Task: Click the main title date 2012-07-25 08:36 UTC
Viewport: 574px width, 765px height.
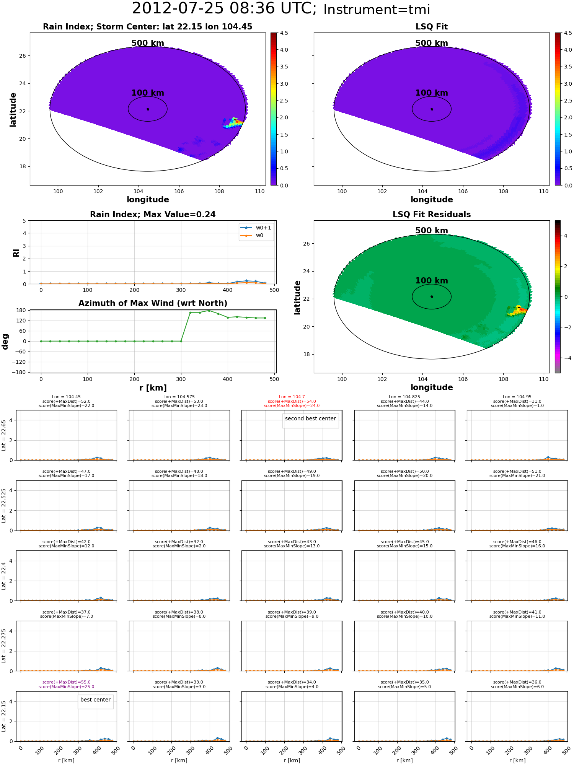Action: [224, 9]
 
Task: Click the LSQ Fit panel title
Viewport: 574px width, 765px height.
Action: [431, 27]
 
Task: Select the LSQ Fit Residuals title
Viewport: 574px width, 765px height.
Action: [431, 215]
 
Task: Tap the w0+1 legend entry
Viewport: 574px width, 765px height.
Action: [263, 228]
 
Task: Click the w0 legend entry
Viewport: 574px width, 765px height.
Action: [259, 236]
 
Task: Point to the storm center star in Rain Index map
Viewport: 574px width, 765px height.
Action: [148, 109]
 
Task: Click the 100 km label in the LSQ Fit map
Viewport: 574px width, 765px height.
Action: [431, 93]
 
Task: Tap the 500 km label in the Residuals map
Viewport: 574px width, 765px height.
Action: [431, 231]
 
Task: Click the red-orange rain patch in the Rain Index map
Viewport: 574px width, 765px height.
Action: [238, 122]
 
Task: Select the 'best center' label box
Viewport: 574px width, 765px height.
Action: [95, 700]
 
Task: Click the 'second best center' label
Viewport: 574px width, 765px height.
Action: [310, 418]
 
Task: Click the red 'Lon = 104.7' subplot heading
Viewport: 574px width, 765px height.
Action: [292, 397]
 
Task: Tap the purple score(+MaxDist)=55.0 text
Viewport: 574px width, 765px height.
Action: [66, 682]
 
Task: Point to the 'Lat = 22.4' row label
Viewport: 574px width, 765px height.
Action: [4, 576]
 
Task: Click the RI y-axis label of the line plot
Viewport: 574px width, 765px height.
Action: [16, 253]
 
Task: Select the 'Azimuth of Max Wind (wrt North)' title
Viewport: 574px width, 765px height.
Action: [153, 303]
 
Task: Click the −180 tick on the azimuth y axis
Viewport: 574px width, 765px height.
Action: [19, 372]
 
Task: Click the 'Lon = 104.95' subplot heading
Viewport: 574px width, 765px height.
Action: [517, 397]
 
